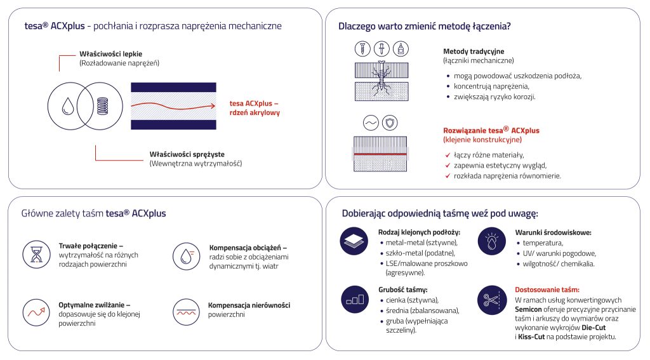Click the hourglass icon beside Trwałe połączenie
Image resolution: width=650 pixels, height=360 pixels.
click(36, 254)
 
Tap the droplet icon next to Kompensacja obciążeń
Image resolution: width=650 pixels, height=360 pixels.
click(187, 257)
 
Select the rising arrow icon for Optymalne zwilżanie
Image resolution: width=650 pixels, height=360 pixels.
click(36, 312)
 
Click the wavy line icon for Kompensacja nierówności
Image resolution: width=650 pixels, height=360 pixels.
click(187, 312)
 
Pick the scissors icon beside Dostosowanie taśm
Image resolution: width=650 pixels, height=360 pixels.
click(492, 300)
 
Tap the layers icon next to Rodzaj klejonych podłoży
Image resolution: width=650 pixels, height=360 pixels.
click(354, 241)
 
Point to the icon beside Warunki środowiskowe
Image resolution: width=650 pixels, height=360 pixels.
click(492, 241)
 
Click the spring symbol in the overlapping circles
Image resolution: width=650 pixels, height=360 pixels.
click(102, 106)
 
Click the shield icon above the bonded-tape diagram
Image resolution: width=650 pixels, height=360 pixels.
click(390, 123)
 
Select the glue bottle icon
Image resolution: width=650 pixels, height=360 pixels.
click(401, 49)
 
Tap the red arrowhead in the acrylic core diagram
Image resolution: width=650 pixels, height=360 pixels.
click(213, 106)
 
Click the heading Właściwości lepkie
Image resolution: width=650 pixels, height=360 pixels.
click(110, 54)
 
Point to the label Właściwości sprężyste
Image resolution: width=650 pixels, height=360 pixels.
click(187, 154)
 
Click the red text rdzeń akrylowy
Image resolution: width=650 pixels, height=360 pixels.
click(255, 113)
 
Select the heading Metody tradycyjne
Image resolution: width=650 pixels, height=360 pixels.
click(474, 51)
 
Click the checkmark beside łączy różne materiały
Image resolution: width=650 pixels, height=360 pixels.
click(448, 155)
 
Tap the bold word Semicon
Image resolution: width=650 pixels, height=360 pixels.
click(528, 309)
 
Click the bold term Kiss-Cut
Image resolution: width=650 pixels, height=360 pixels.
click(531, 337)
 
